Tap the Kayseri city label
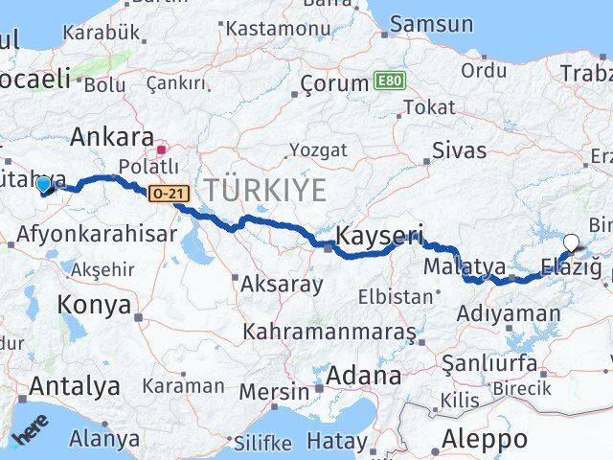(379, 235)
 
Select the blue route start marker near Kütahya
(43, 185)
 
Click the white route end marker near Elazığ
(572, 243)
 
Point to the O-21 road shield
(165, 194)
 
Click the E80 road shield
(388, 80)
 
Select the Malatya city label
(459, 264)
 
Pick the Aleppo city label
(486, 440)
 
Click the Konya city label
(94, 305)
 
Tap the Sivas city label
(460, 150)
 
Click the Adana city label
(363, 376)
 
